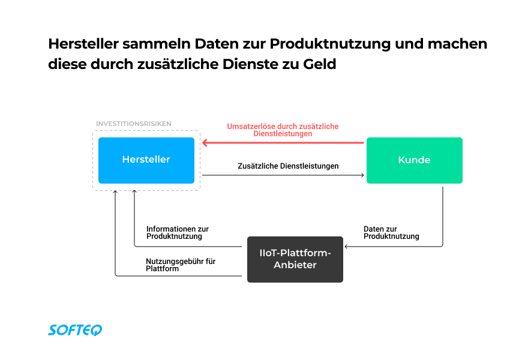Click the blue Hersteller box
click(x=146, y=160)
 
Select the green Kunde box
click(x=414, y=160)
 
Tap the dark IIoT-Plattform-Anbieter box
click(x=295, y=259)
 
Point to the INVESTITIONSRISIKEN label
click(x=133, y=124)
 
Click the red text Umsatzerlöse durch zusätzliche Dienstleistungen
click(x=283, y=130)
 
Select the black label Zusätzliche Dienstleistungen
click(x=288, y=166)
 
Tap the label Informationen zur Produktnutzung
click(x=178, y=233)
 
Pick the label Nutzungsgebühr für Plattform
click(x=180, y=265)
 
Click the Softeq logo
click(x=75, y=329)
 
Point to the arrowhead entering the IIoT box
click(x=346, y=247)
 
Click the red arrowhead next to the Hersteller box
click(x=205, y=143)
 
